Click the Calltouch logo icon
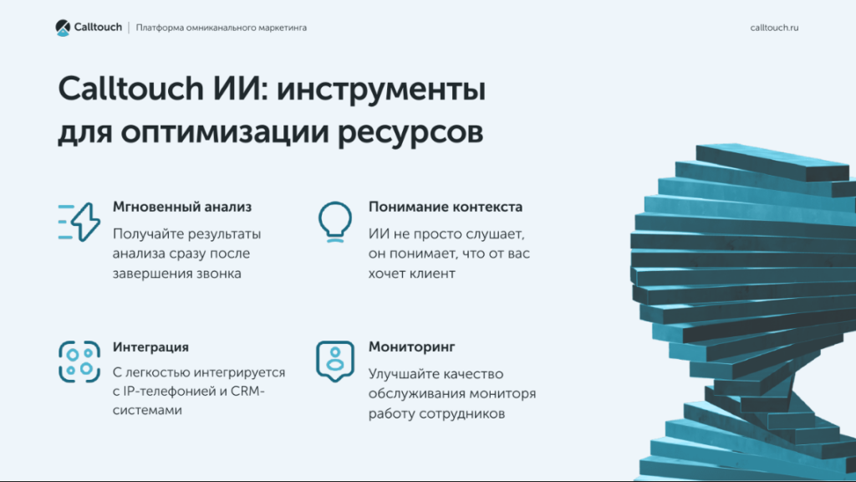(63, 28)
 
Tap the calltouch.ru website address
(774, 28)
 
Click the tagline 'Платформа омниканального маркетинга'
(221, 28)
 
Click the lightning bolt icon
(79, 222)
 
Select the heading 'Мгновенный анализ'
(181, 208)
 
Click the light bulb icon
(335, 222)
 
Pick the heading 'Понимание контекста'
(446, 208)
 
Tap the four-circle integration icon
(79, 361)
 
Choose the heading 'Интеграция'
(150, 347)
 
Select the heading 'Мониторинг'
(411, 347)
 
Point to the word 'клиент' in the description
(434, 274)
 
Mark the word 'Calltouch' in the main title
(131, 89)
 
